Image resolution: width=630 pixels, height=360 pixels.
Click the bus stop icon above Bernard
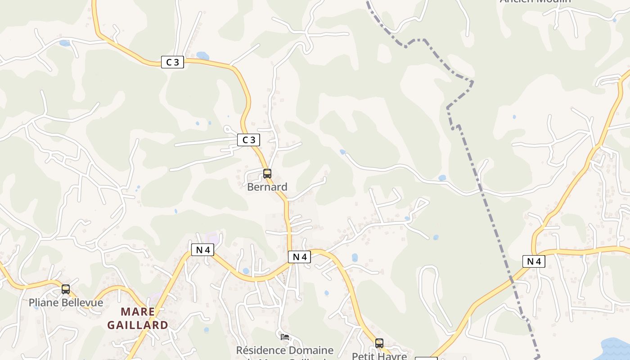pyautogui.click(x=267, y=174)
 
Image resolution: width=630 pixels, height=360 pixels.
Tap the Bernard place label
pyautogui.click(x=267, y=187)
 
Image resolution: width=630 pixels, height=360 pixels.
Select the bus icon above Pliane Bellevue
pyautogui.click(x=66, y=289)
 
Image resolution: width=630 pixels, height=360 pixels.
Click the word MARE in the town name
pyautogui.click(x=138, y=312)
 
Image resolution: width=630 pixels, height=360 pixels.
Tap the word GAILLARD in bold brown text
pyautogui.click(x=138, y=325)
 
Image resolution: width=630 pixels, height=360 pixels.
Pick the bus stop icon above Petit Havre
pyautogui.click(x=379, y=343)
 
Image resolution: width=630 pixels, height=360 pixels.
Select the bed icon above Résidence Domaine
pyautogui.click(x=284, y=337)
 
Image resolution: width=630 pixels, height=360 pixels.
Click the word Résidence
pyautogui.click(x=261, y=350)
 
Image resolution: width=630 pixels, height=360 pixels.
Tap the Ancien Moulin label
pyautogui.click(x=535, y=1)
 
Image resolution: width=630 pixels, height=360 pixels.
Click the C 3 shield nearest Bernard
pyautogui.click(x=248, y=140)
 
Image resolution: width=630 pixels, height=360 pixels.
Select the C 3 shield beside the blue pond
pyautogui.click(x=172, y=62)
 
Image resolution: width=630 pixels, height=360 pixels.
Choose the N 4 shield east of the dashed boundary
pyautogui.click(x=534, y=261)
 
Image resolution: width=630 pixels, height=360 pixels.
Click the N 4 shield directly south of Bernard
pyautogui.click(x=299, y=257)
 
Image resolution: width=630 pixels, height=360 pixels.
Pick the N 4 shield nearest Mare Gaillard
pyautogui.click(x=202, y=250)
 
